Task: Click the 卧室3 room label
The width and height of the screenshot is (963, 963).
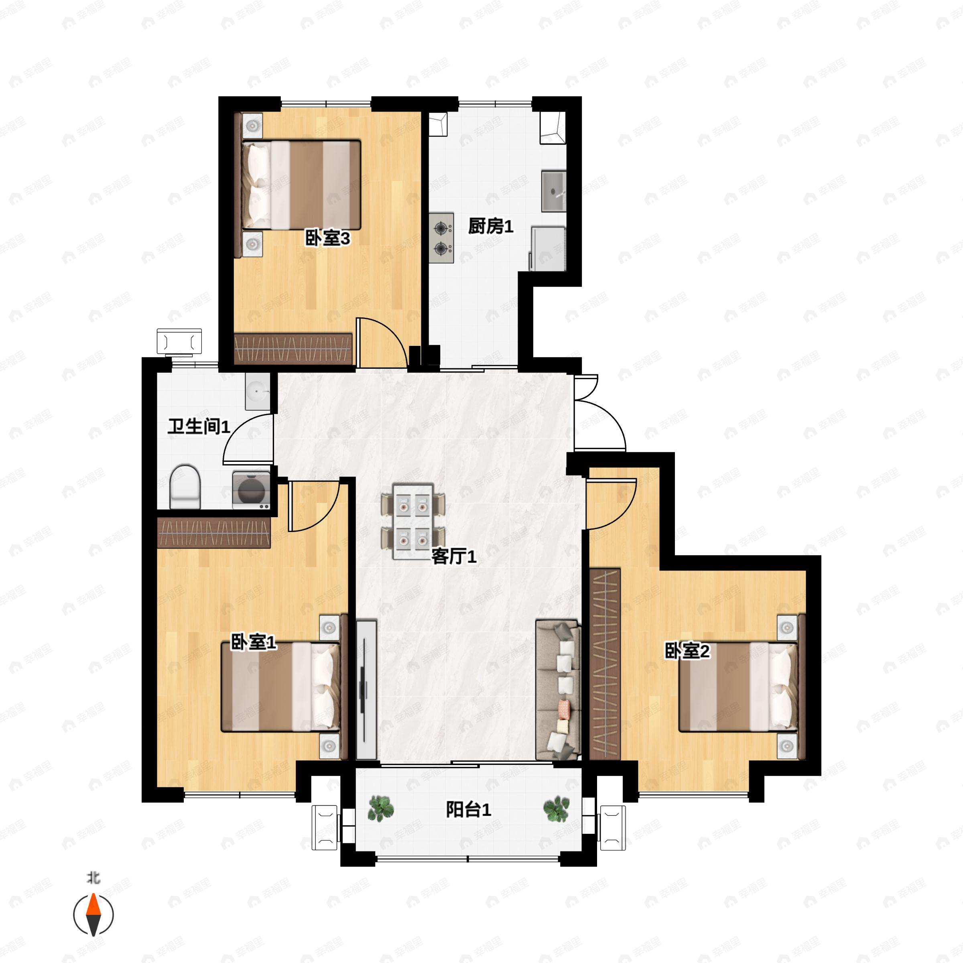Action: click(x=327, y=238)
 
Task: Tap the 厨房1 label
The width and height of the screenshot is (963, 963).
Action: click(x=490, y=226)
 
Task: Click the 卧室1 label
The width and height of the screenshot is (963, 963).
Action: click(x=253, y=642)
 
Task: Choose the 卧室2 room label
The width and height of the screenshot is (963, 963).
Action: click(x=687, y=651)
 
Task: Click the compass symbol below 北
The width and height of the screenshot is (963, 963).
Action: click(x=93, y=915)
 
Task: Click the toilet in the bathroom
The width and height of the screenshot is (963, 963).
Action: click(x=185, y=487)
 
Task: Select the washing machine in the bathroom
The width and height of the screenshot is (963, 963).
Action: click(x=252, y=490)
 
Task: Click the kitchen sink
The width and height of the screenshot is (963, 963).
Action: click(x=554, y=191)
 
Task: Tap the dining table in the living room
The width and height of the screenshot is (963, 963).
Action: click(x=413, y=521)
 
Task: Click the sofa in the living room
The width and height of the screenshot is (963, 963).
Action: click(x=558, y=689)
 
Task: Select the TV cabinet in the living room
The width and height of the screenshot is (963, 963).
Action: click(x=366, y=690)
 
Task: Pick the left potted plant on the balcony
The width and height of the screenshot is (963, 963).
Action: click(x=381, y=808)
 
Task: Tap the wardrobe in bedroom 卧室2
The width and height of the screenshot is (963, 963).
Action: click(x=605, y=664)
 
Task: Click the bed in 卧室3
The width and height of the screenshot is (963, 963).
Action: click(x=301, y=185)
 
